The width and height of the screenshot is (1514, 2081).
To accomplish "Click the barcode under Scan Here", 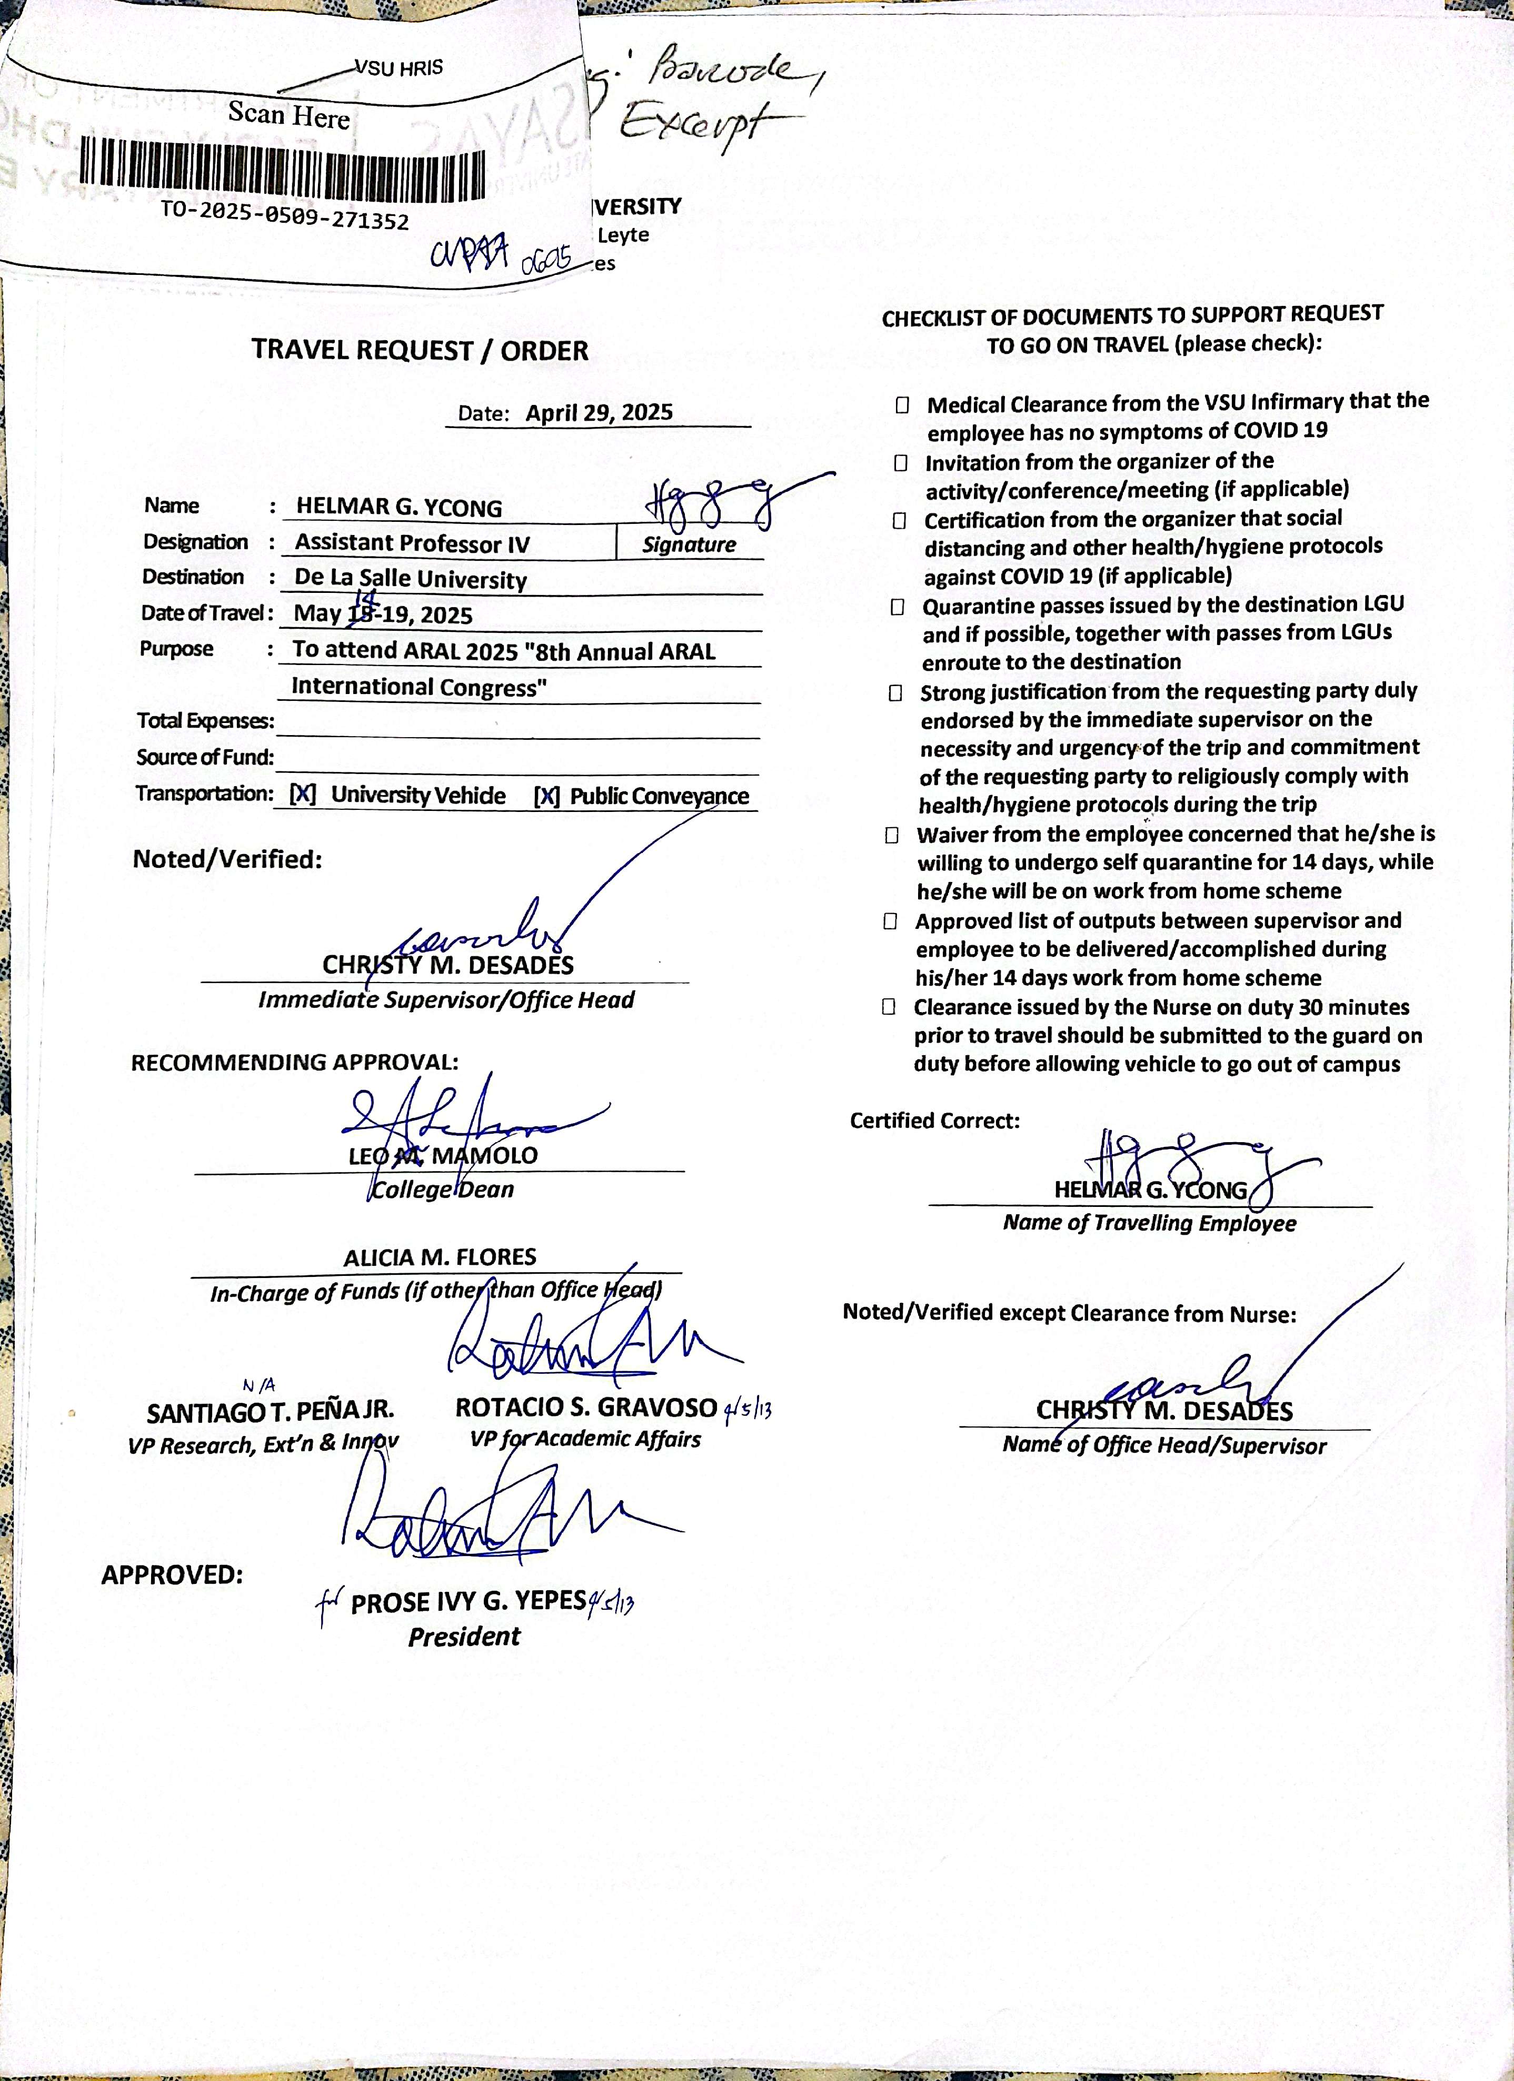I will (283, 170).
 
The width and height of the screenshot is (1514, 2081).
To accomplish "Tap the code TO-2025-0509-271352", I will (284, 215).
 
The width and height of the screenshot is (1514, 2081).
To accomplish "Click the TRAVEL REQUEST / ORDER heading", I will (420, 351).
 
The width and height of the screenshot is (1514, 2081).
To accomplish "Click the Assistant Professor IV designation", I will (412, 543).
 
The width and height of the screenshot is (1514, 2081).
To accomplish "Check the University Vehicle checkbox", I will (303, 795).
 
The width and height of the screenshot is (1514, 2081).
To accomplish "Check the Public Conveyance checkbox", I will (547, 796).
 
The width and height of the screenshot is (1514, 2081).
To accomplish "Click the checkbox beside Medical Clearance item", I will (903, 404).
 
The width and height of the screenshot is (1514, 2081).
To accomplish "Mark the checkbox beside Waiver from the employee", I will (892, 835).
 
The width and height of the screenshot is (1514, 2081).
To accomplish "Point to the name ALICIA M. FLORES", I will (440, 1257).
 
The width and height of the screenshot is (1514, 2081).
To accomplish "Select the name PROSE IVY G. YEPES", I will (468, 1602).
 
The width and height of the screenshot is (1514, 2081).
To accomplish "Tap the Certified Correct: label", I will (934, 1121).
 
